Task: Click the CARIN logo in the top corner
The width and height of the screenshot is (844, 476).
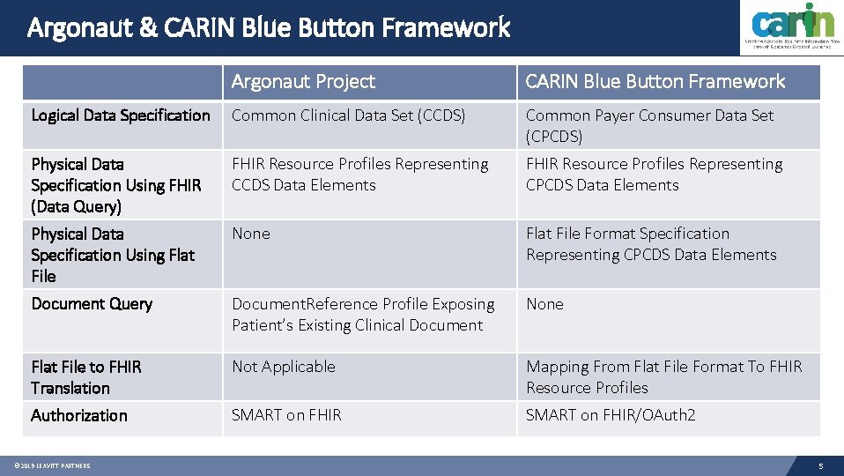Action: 792,27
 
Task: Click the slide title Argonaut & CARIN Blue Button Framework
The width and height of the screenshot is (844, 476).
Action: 269,28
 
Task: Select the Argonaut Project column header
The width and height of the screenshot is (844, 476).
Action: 303,82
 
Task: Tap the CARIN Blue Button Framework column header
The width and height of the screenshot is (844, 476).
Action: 655,82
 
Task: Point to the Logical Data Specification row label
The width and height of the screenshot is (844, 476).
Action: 121,115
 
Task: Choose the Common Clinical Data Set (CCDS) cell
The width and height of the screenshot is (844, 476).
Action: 348,115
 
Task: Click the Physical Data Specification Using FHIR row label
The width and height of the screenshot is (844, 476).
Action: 116,185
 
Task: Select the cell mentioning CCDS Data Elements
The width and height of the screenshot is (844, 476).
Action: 359,175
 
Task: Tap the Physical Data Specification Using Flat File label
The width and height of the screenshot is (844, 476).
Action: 113,255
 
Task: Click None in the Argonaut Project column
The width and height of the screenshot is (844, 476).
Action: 251,234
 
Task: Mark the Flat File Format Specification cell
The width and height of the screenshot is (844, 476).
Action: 651,244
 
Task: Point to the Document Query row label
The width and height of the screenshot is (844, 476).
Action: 92,304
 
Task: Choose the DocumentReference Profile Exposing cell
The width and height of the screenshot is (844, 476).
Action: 363,315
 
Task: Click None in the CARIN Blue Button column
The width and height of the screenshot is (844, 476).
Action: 544,304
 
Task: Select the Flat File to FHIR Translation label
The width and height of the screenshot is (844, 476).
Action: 86,377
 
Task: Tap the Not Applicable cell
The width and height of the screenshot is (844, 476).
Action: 284,367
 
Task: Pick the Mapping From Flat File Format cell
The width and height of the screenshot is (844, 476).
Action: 663,377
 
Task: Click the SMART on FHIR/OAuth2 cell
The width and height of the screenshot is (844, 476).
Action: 611,415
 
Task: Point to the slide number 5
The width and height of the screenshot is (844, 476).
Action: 820,465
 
